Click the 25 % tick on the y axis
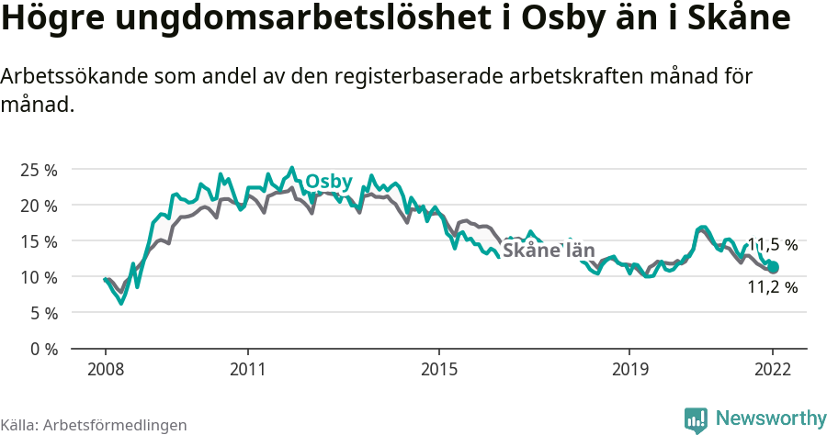[x=39, y=170]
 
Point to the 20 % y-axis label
[x=39, y=206]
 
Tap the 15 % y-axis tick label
[x=39, y=241]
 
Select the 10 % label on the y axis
[x=39, y=277]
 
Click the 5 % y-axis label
[x=42, y=313]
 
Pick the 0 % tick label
[x=42, y=349]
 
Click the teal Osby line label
[x=328, y=182]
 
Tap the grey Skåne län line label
[x=549, y=251]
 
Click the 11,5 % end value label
[x=772, y=245]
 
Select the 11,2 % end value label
[x=772, y=287]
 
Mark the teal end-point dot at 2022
[x=773, y=267]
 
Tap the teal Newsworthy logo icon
[x=696, y=419]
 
